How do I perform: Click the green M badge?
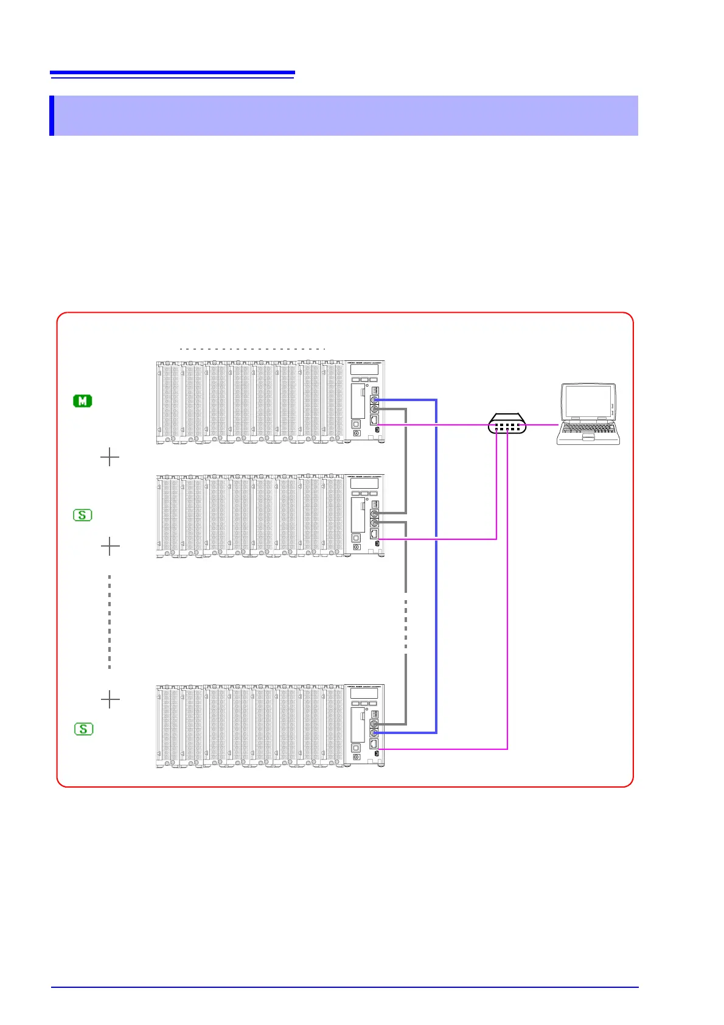(x=83, y=401)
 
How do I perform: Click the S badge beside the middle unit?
(x=83, y=515)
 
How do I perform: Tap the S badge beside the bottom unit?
(x=83, y=729)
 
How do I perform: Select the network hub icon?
(x=507, y=424)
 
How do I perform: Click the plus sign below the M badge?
(x=110, y=457)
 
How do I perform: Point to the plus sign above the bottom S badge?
(x=110, y=700)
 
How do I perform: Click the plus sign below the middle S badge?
(x=110, y=547)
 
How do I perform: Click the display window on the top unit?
(x=364, y=369)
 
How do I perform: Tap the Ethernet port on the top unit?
(x=374, y=419)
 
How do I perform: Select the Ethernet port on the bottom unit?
(x=374, y=744)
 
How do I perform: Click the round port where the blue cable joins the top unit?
(x=375, y=400)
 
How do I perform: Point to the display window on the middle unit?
(x=364, y=483)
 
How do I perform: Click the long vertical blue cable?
(x=436, y=566)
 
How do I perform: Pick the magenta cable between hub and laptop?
(x=541, y=424)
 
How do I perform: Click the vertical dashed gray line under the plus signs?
(x=110, y=621)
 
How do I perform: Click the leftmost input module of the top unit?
(x=168, y=402)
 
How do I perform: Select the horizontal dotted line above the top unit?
(x=252, y=349)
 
